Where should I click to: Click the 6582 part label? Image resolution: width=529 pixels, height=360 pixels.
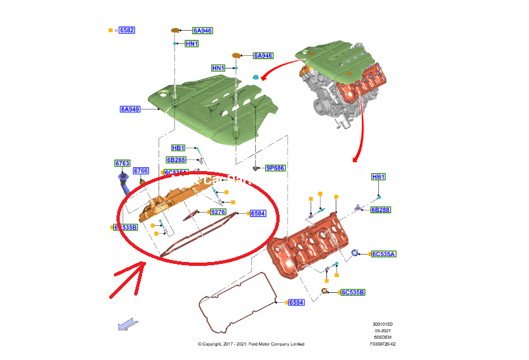click(126, 30)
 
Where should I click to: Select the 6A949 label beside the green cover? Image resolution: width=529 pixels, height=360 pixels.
click(130, 109)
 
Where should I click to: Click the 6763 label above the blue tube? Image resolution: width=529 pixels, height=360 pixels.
click(122, 163)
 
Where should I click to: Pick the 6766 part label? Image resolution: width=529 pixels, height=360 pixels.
click(141, 171)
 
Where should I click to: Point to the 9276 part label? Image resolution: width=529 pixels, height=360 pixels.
click(217, 212)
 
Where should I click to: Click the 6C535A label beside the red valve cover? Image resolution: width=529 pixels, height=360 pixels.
click(388, 253)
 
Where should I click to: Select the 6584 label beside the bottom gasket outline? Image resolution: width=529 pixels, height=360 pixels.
click(296, 302)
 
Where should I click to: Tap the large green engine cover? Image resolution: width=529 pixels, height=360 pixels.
click(211, 105)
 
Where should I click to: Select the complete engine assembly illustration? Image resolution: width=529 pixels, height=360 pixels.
click(342, 82)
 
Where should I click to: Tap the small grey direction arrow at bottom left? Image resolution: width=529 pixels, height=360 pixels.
click(128, 323)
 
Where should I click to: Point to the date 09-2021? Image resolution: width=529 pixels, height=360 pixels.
click(384, 331)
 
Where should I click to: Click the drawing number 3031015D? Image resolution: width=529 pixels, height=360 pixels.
click(384, 324)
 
